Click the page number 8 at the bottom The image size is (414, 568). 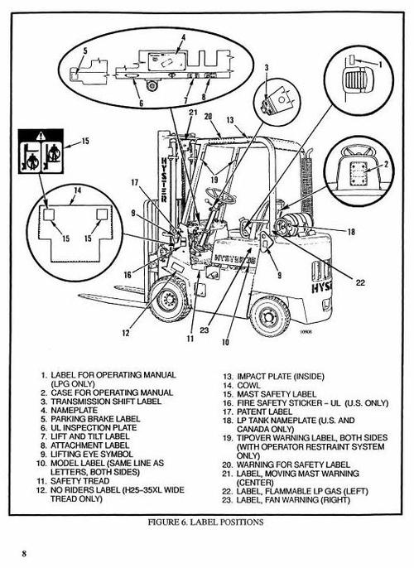[x=26, y=552]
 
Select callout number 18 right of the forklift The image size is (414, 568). [x=351, y=233]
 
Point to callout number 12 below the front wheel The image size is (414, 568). [x=126, y=334]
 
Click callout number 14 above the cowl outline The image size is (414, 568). [x=76, y=190]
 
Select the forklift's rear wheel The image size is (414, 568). [x=272, y=314]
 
